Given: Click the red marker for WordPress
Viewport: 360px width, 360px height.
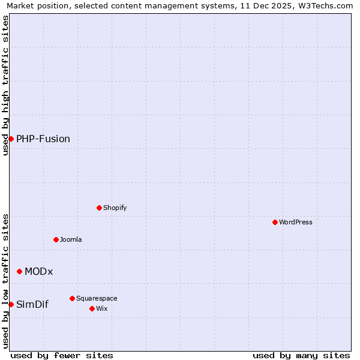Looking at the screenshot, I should point(275,222).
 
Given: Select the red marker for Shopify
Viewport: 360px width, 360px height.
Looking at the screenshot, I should point(99,208).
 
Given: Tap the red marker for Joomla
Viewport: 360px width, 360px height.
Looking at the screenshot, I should point(56,239).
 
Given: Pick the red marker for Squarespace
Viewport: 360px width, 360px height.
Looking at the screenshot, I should point(72,298).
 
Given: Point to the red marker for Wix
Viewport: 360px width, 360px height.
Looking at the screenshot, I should point(92,308).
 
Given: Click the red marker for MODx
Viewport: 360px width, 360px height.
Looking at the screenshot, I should point(19,271).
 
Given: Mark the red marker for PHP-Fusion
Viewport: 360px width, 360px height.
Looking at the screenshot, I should point(11,139).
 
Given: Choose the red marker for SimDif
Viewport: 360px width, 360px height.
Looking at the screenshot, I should point(11,304).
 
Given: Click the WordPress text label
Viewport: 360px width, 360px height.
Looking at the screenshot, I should point(296,222).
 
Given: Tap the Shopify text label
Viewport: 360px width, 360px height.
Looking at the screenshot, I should point(115,208).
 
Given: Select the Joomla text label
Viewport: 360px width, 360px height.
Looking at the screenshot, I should point(71,239).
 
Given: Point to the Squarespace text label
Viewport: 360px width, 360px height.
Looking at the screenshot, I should point(97,298).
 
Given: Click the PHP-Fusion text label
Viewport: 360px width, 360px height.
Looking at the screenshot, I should point(43,139).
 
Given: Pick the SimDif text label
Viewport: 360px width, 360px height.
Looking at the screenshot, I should point(32,304).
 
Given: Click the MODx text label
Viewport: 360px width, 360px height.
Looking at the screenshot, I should point(39,271).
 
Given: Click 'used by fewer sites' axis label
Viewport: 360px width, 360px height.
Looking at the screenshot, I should point(62,355).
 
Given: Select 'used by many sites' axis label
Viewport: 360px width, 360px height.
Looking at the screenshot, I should point(301,355).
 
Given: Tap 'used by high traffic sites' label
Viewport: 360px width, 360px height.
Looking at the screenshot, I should point(5,85).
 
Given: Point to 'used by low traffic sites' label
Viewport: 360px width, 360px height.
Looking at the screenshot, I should point(5,281).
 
